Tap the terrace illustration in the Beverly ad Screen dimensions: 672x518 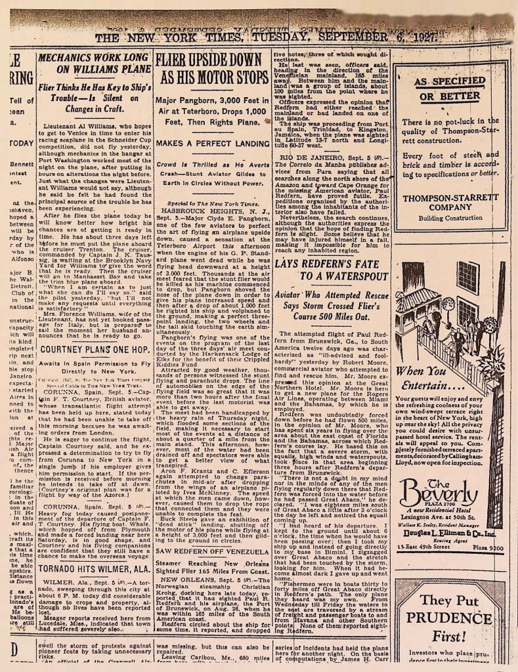point(449,315)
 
